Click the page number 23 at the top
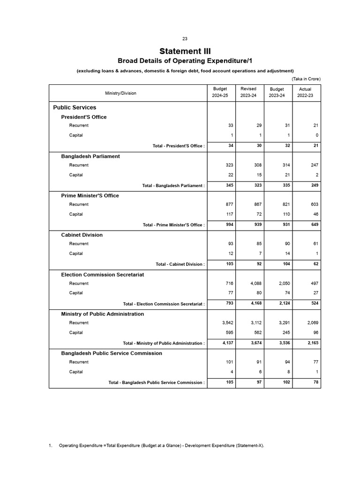(x=185, y=38)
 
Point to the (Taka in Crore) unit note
(x=306, y=79)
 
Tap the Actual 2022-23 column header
(x=305, y=92)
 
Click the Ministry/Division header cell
(x=121, y=93)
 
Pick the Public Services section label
(x=75, y=107)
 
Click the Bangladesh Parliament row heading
(x=90, y=156)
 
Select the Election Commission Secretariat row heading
(x=102, y=274)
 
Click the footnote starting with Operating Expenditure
(x=161, y=445)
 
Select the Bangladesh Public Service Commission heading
(x=112, y=353)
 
